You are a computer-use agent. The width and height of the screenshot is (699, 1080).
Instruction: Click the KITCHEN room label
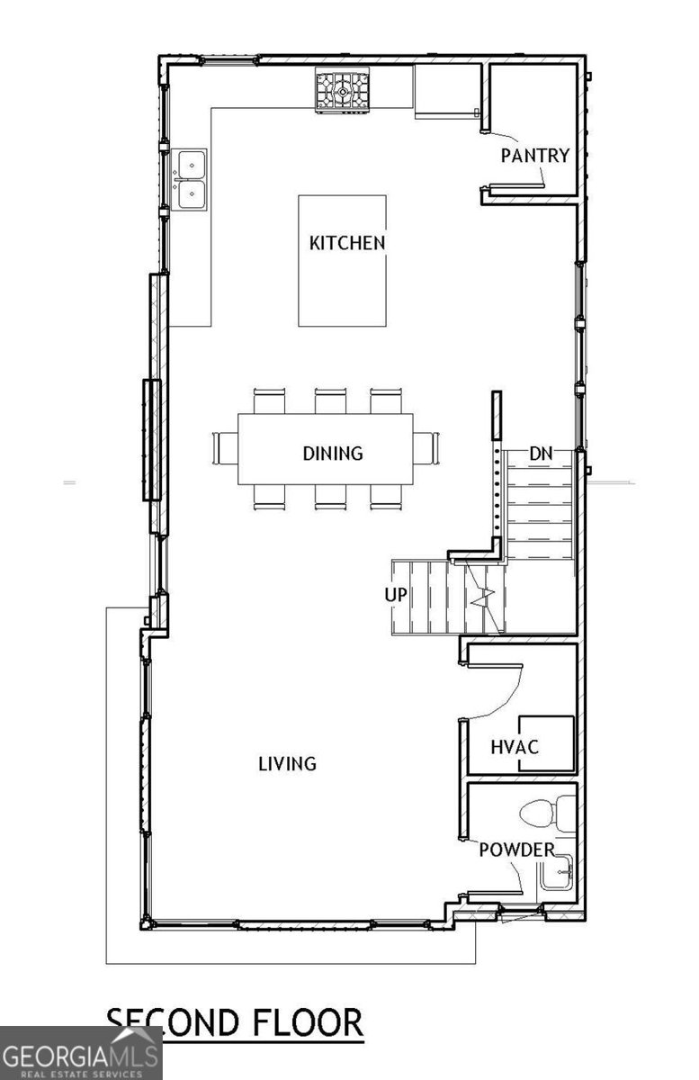(347, 242)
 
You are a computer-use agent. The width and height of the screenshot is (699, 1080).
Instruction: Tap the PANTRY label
(535, 156)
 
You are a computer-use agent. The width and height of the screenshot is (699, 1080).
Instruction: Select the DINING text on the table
(332, 453)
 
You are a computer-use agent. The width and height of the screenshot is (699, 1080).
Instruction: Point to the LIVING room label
(287, 763)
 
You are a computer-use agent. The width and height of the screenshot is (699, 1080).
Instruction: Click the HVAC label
(515, 747)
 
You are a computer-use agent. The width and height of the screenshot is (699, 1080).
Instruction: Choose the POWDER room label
(515, 850)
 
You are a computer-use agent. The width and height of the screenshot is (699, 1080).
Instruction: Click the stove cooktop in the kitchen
(342, 91)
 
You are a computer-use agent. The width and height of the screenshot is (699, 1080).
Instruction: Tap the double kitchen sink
(192, 179)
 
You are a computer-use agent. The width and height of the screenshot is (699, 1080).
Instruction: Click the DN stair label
(540, 454)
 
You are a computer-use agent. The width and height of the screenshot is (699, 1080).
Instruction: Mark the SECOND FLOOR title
(235, 1022)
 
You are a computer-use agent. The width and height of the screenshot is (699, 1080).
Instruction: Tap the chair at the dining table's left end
(222, 447)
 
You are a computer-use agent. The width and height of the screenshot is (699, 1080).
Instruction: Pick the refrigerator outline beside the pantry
(445, 91)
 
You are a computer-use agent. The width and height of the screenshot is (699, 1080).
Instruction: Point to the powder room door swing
(515, 877)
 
